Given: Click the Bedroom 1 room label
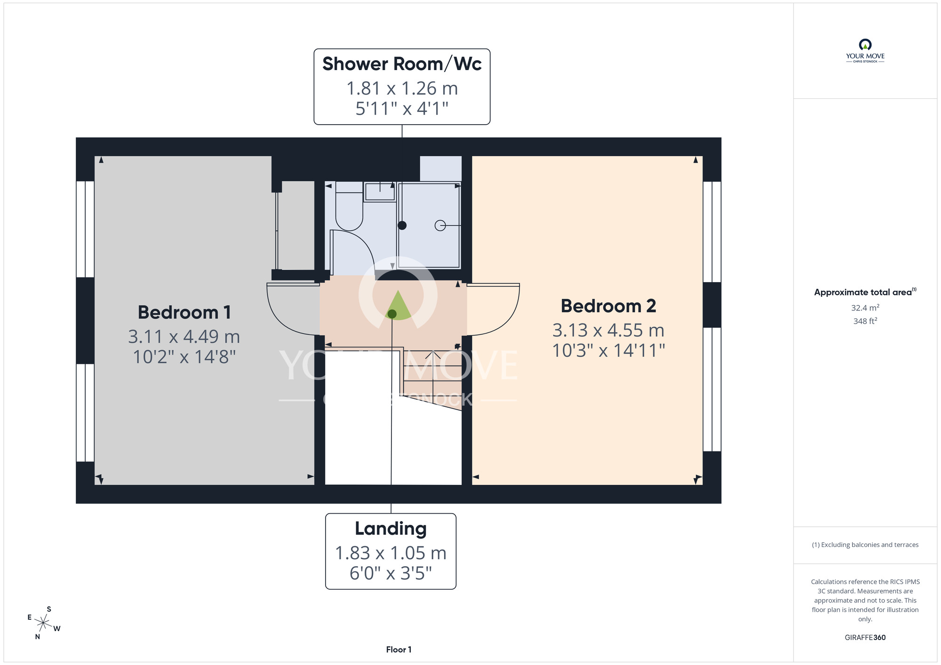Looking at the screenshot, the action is tap(184, 312).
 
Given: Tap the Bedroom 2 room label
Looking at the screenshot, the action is tap(608, 306).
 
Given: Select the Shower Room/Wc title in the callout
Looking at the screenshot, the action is tap(402, 64).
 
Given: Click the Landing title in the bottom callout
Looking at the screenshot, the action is tap(391, 529).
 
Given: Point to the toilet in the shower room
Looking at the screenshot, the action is tap(349, 206).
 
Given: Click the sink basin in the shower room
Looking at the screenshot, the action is tap(380, 192).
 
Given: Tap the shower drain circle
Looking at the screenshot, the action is tap(440, 226).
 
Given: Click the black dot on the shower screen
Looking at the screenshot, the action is tap(402, 225).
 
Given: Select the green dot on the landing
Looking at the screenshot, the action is tap(392, 314).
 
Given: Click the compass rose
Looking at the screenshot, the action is tap(43, 624).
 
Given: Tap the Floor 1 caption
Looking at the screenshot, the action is tap(399, 649).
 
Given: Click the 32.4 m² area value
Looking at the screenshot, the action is tap(865, 308).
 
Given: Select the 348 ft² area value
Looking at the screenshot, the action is tap(865, 321).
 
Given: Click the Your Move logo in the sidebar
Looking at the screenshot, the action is tap(865, 51).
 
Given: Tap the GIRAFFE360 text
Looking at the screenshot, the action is tap(865, 638).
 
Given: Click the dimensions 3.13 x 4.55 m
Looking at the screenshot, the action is tap(608, 330).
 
